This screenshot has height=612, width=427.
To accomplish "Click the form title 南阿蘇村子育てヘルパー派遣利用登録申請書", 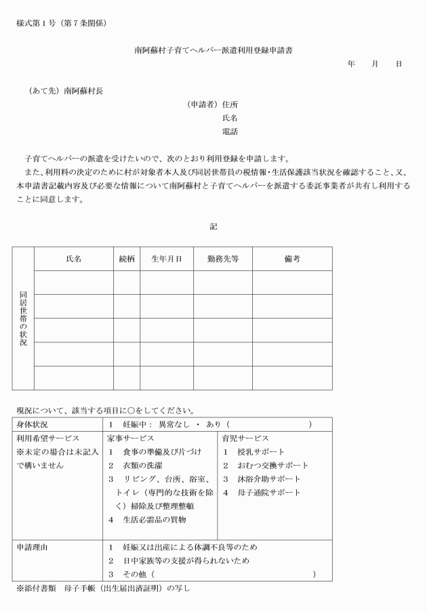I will tap(213, 49).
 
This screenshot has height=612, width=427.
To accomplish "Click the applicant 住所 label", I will tap(230, 104).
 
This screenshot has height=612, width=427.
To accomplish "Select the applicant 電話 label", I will tap(230, 131).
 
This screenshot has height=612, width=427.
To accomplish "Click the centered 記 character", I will tap(213, 226).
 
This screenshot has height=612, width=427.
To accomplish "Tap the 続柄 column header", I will tap(126, 259).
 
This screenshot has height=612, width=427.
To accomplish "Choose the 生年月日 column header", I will tap(166, 259).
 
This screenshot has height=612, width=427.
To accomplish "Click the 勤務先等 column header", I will tap(222, 259).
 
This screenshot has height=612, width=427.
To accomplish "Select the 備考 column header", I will tap(292, 259).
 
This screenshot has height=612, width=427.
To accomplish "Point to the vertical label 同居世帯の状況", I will tap(23, 319).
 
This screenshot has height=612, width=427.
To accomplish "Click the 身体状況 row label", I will tap(35, 424).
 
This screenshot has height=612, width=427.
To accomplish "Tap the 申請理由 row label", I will tap(35, 546).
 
